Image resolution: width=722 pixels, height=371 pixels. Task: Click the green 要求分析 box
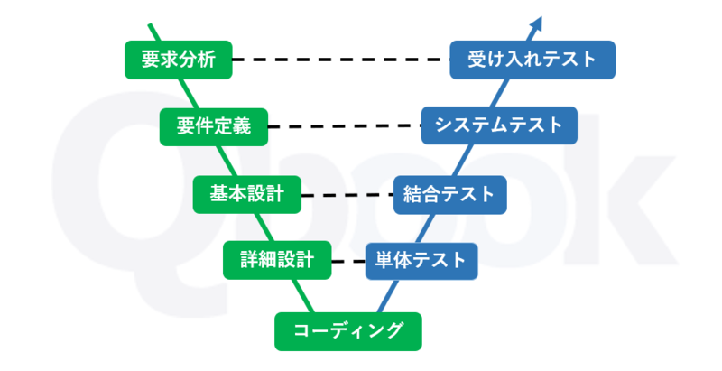178,60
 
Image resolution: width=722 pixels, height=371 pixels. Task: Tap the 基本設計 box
246,193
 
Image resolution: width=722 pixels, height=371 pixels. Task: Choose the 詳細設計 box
277,260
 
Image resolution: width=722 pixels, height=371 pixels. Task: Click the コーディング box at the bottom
348,330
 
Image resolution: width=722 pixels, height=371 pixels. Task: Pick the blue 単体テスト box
421,261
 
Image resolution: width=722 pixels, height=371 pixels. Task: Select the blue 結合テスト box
449,193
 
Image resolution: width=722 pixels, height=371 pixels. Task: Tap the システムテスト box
498,125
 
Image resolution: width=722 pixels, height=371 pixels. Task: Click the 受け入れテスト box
532,60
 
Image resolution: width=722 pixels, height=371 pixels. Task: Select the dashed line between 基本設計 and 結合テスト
347,194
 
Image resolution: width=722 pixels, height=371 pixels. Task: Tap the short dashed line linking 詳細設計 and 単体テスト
347,262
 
